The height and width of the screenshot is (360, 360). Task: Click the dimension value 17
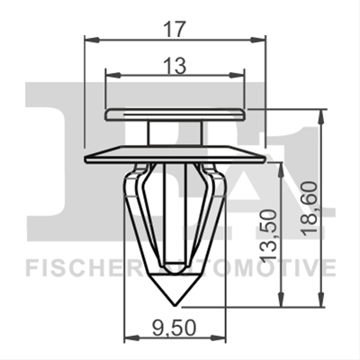point(175,30)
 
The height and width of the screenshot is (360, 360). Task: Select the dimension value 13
point(175,66)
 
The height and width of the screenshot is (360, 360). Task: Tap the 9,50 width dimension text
point(174,328)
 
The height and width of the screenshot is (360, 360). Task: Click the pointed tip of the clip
point(175,306)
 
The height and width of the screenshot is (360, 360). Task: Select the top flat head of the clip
point(175,114)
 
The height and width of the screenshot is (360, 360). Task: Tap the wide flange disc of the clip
point(175,154)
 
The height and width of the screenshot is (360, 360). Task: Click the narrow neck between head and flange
point(175,133)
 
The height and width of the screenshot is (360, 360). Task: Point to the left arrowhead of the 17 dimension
point(92,40)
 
